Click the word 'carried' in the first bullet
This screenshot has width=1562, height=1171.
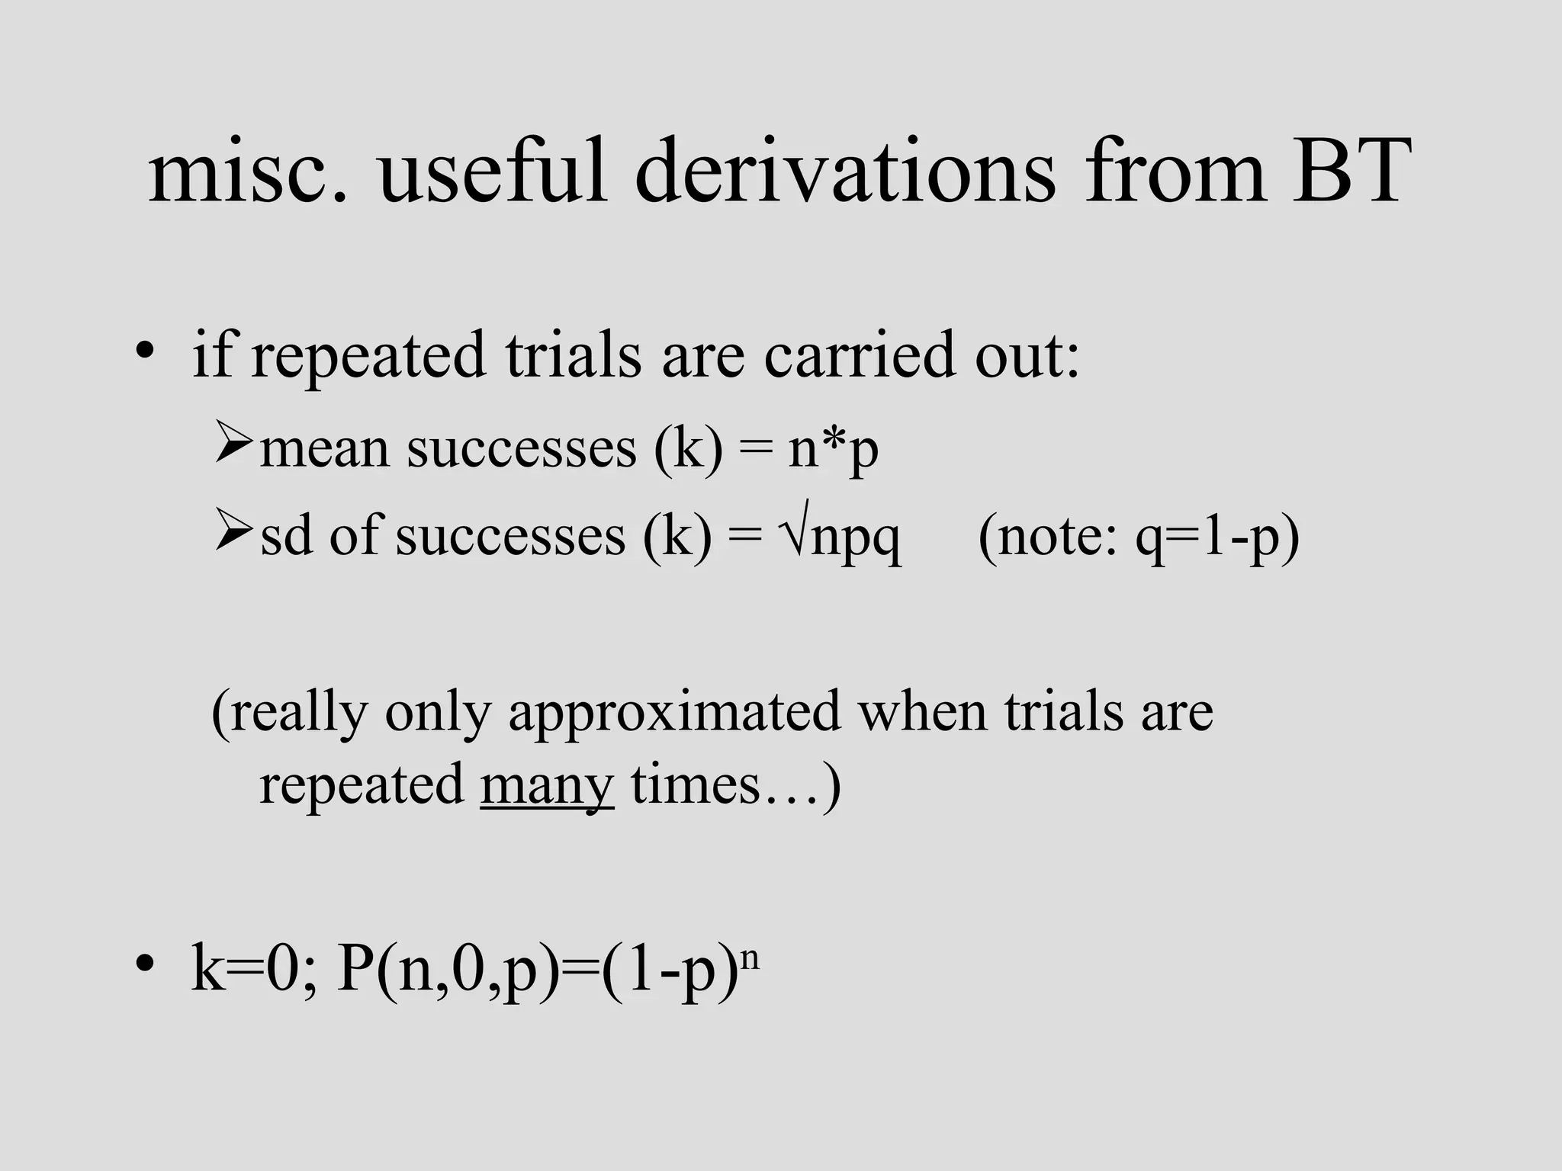point(859,355)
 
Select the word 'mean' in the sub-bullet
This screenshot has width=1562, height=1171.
point(324,450)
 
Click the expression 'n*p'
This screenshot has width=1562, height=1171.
point(833,450)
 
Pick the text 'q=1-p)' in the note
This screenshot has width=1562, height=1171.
point(1217,537)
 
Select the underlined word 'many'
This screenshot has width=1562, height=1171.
point(547,785)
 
